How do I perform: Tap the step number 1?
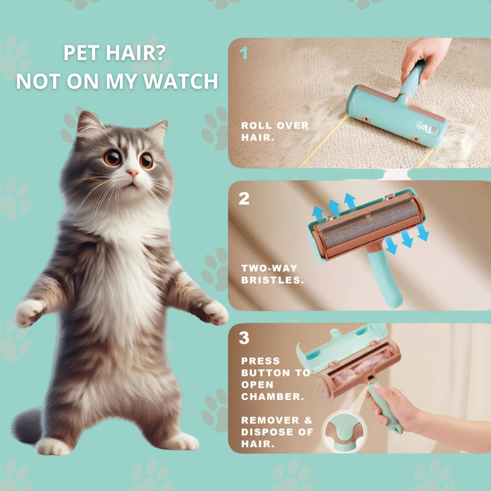click(x=244, y=54)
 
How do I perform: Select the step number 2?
click(x=244, y=198)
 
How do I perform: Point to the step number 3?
click(x=244, y=338)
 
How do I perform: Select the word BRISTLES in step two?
click(x=272, y=280)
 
